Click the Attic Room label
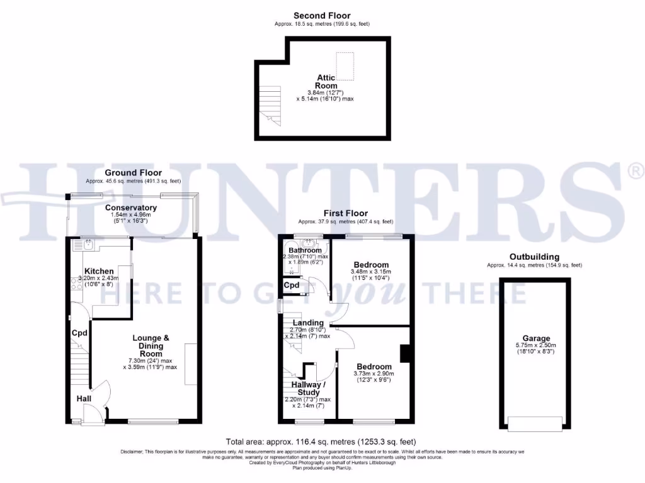[x=326, y=82]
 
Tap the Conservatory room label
[x=131, y=208]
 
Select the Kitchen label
[x=100, y=271]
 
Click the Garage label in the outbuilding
[x=535, y=338]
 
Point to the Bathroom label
[x=305, y=250]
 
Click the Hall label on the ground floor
[x=83, y=399]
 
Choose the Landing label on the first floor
[x=307, y=323]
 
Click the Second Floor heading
[x=322, y=16]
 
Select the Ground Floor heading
[x=133, y=173]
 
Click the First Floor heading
[x=346, y=213]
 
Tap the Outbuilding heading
[x=534, y=257]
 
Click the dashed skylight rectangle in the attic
[x=345, y=64]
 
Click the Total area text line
[x=321, y=442]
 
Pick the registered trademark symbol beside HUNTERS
[x=636, y=170]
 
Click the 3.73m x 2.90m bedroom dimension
[x=374, y=375]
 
